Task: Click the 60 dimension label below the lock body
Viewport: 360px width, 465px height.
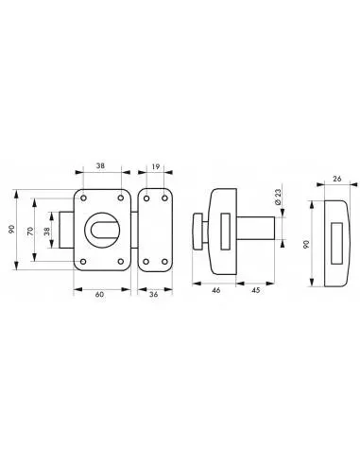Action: (99, 295)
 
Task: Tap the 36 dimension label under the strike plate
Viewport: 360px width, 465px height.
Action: (154, 295)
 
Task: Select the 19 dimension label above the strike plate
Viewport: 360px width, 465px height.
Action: (156, 166)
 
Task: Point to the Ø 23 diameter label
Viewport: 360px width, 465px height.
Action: (278, 197)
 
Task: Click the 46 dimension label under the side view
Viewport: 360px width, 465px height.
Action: (215, 290)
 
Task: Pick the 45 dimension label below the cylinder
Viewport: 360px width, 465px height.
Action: (256, 290)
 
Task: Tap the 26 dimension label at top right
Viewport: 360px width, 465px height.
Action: (337, 179)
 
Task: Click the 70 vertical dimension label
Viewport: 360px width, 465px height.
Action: (30, 231)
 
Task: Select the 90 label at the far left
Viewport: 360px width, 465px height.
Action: (11, 229)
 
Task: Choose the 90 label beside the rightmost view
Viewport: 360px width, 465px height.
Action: (307, 244)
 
